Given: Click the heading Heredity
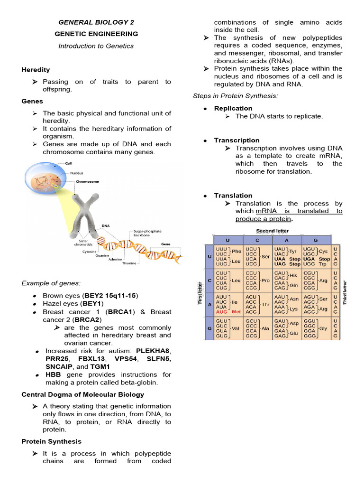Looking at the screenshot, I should (x=36, y=70).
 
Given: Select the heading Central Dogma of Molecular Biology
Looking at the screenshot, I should (x=83, y=394).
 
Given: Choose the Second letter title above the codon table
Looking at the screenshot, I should (x=273, y=231).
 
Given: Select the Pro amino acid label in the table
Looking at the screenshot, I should (x=265, y=280).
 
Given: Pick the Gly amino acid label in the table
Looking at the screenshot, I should (x=323, y=328).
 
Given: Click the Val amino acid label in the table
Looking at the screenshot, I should (x=236, y=328).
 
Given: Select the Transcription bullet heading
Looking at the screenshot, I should (x=237, y=140).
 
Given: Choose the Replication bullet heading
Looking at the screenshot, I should (x=233, y=108).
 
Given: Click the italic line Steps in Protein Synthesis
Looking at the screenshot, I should (x=235, y=96).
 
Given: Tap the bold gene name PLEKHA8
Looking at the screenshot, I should (x=153, y=351).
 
